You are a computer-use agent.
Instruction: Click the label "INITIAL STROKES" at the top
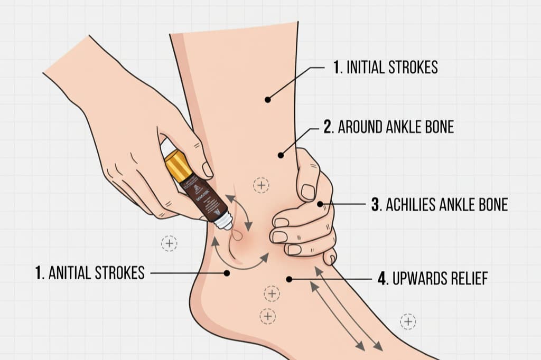click(x=386, y=68)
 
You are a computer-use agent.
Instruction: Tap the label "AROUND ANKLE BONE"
click(x=388, y=127)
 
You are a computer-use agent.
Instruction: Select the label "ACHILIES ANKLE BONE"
click(x=439, y=205)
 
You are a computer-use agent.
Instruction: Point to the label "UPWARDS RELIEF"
click(x=433, y=279)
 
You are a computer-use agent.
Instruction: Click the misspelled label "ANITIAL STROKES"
click(x=90, y=273)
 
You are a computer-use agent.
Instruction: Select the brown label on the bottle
click(x=201, y=195)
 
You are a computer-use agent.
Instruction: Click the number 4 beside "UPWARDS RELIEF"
click(x=383, y=279)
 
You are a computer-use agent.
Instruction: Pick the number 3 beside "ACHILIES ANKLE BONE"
click(x=376, y=205)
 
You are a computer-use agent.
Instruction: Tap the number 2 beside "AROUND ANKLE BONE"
click(x=328, y=127)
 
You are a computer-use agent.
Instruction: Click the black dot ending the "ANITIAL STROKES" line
click(x=227, y=273)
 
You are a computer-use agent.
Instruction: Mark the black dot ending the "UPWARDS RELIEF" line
click(x=289, y=279)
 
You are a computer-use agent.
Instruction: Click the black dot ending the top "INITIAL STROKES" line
click(x=268, y=99)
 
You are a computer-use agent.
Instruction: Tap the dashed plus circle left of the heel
click(x=169, y=243)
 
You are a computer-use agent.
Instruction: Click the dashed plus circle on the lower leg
click(x=261, y=185)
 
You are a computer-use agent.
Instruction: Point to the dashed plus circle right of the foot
click(x=408, y=321)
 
